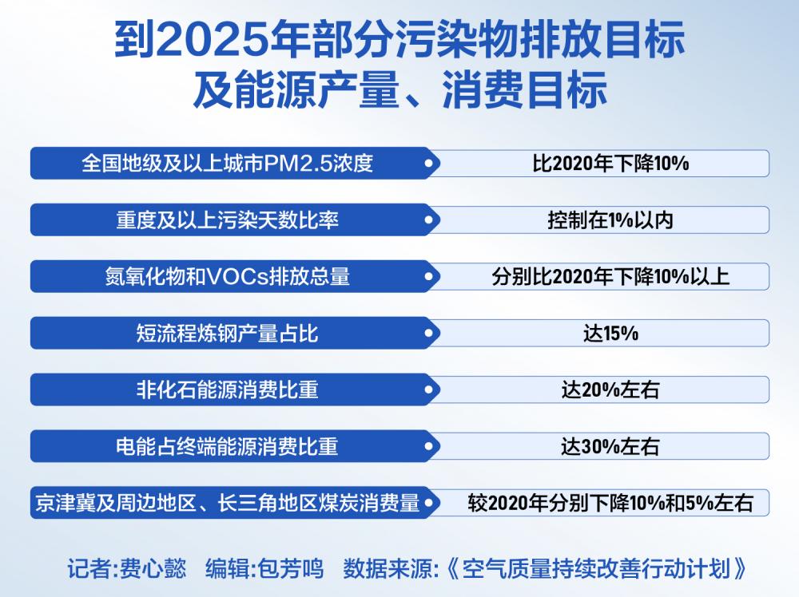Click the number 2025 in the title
click(x=212, y=39)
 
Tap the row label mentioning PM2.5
click(x=227, y=164)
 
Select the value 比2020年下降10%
click(x=610, y=164)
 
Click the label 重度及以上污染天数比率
click(x=227, y=220)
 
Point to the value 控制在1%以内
click(x=610, y=220)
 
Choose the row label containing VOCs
click(x=227, y=277)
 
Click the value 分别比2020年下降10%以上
click(x=610, y=277)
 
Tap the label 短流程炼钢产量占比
click(x=227, y=334)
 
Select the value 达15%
click(x=610, y=334)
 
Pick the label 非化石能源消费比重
click(x=227, y=389)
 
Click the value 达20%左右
click(x=610, y=390)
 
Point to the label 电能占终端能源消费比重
click(x=227, y=446)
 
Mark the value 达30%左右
click(x=610, y=447)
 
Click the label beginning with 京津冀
click(x=227, y=503)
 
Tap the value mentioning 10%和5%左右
click(x=610, y=504)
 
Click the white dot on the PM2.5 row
click(x=429, y=164)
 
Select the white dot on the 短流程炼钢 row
click(x=429, y=334)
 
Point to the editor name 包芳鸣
click(x=291, y=568)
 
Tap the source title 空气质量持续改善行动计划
click(x=597, y=568)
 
